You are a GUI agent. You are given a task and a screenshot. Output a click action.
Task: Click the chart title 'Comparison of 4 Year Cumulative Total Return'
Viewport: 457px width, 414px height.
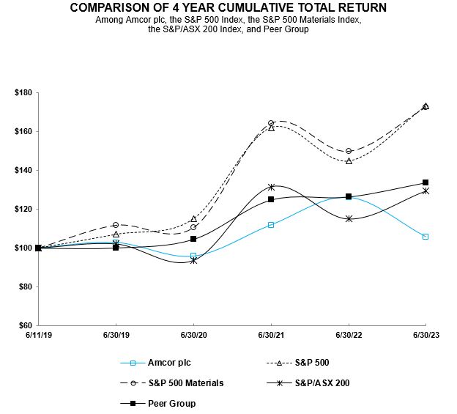(x=229, y=7)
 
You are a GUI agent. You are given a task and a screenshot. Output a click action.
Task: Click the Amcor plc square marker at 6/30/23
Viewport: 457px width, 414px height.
(x=426, y=237)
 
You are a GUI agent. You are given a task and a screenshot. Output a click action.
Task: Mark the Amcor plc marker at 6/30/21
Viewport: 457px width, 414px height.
(x=271, y=225)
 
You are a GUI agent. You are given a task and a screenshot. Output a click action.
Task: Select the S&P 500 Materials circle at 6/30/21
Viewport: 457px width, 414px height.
(x=271, y=123)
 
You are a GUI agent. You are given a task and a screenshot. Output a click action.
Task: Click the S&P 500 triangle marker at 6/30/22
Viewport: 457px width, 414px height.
(x=349, y=160)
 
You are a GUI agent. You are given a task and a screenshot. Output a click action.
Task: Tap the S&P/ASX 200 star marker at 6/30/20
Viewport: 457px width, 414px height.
(x=193, y=260)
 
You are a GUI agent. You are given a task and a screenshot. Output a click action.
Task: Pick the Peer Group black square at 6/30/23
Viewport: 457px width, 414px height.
(x=426, y=182)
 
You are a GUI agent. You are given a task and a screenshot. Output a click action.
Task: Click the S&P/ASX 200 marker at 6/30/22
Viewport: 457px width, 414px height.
(x=349, y=218)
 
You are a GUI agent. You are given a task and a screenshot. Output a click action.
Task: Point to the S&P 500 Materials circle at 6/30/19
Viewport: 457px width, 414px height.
(x=116, y=225)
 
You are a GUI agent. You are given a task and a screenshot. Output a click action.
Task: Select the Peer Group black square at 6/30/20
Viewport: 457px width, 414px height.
(x=193, y=239)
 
